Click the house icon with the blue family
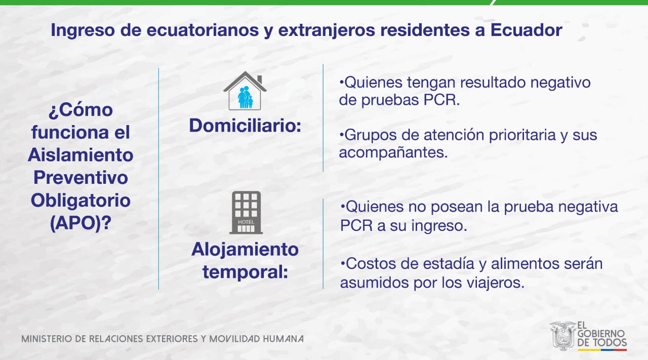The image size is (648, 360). (245, 91)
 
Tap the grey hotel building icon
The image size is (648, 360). (246, 213)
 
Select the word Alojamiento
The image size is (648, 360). (245, 250)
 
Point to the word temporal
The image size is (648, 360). (246, 272)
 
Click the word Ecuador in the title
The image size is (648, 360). (526, 30)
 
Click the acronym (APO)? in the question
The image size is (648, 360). (80, 223)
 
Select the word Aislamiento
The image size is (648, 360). (80, 155)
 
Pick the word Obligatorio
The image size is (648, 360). (80, 201)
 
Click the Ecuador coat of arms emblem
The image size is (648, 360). (562, 336)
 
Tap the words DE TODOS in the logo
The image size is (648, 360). (602, 343)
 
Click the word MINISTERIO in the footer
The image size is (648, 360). (47, 339)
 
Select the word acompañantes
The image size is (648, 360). (393, 152)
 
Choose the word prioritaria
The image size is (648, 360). (522, 135)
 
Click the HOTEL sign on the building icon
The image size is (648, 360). (246, 222)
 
